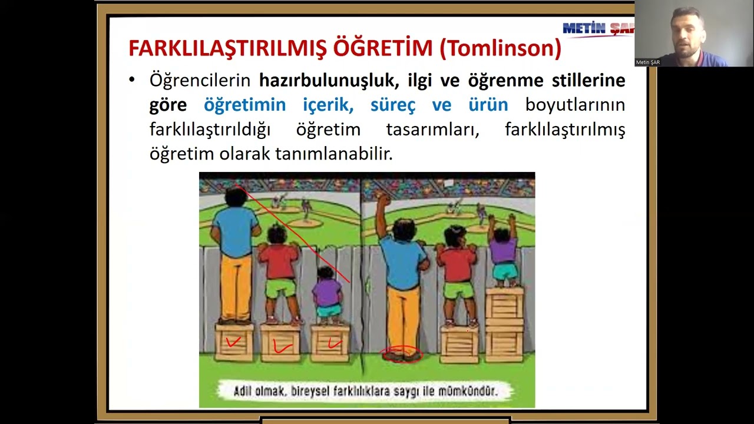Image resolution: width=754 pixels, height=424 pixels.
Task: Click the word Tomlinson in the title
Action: point(500,48)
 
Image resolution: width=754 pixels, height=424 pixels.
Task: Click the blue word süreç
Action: point(393,105)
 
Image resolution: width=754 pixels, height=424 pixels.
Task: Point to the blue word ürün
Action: point(488,105)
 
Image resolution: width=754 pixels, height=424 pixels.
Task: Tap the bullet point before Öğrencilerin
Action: point(132,80)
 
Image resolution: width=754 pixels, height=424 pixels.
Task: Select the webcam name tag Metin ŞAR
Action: point(647,62)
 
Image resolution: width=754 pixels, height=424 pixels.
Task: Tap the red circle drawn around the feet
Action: point(402,355)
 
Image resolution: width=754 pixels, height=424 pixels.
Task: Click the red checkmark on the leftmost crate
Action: point(234,342)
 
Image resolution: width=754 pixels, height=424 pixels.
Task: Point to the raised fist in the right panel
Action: point(384,200)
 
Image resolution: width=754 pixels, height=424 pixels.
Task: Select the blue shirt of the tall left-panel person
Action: point(236,231)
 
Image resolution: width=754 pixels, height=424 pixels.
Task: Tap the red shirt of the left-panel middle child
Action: point(279,261)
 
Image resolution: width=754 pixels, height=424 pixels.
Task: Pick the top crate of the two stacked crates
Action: point(504,303)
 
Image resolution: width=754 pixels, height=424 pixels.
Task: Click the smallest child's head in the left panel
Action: point(325,273)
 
